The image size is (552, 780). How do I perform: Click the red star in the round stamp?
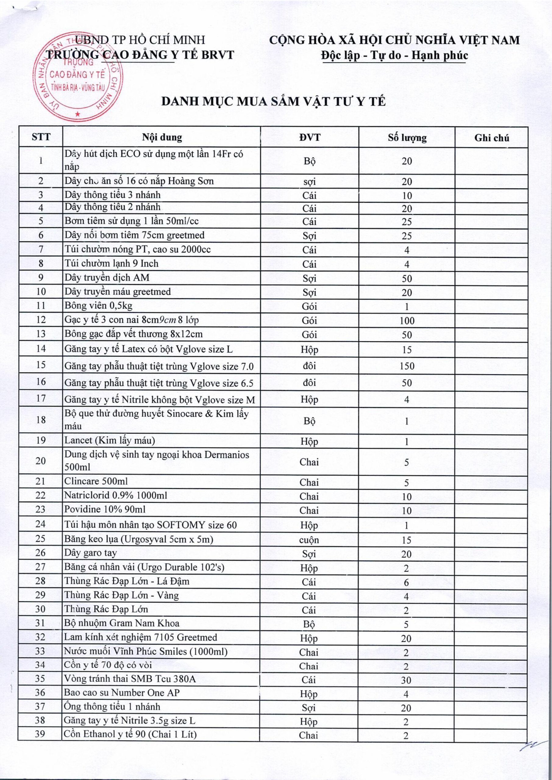click(78, 114)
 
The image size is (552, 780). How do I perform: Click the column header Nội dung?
click(162, 137)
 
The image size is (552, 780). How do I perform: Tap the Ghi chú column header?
click(492, 138)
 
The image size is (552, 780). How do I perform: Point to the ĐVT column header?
click(309, 137)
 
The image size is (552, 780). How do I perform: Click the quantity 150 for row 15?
click(407, 366)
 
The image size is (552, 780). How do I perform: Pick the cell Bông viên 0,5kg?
click(98, 306)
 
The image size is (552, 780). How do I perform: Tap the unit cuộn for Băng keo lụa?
click(309, 540)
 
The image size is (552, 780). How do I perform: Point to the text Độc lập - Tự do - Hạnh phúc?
click(395, 55)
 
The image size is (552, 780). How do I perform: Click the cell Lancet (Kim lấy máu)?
click(110, 441)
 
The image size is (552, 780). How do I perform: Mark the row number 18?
click(41, 420)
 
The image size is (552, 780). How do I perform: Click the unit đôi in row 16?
click(309, 382)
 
